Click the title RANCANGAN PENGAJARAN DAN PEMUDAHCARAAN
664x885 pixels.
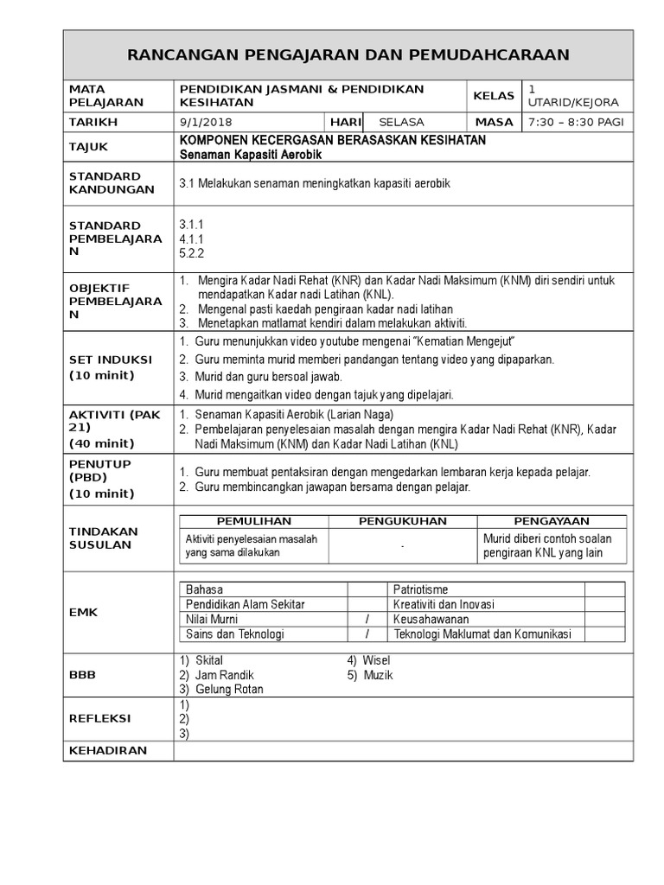pyautogui.click(x=348, y=55)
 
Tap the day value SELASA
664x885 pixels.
pyautogui.click(x=396, y=123)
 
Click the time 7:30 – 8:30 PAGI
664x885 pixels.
pyautogui.click(x=575, y=123)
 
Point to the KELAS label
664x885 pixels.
pyautogui.click(x=493, y=96)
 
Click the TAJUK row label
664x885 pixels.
pyautogui.click(x=90, y=148)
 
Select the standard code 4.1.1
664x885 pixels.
pyautogui.click(x=189, y=239)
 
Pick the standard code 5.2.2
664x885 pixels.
pyautogui.click(x=189, y=253)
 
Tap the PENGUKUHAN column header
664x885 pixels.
pyautogui.click(x=403, y=521)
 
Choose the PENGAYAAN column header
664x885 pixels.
pyautogui.click(x=552, y=521)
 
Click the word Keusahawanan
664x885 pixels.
pyautogui.click(x=431, y=620)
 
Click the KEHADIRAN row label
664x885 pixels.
pyautogui.click(x=108, y=750)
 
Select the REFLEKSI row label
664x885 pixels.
pyautogui.click(x=99, y=719)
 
